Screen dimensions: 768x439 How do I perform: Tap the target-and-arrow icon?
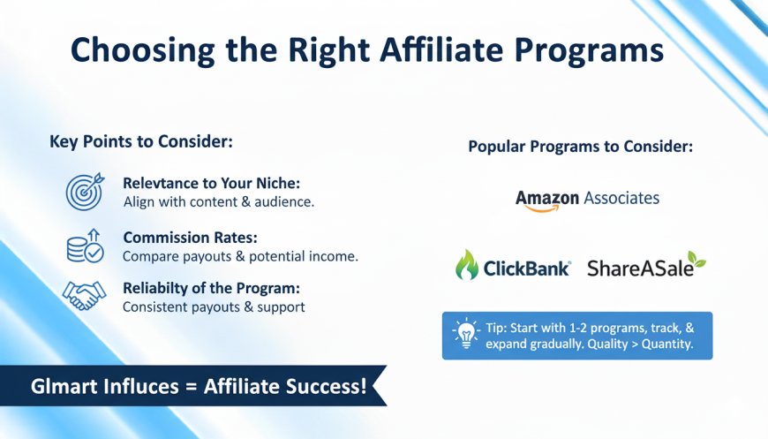pyautogui.click(x=85, y=191)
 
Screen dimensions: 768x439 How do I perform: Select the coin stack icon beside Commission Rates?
pyautogui.click(x=86, y=246)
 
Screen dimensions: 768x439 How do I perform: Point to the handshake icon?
pyautogui.click(x=84, y=295)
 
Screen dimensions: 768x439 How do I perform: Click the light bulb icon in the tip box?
pyautogui.click(x=466, y=333)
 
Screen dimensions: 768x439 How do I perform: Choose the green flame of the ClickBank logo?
pyautogui.click(x=467, y=265)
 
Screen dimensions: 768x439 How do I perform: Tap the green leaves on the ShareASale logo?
pyautogui.click(x=696, y=261)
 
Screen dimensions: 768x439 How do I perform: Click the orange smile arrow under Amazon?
pyautogui.click(x=542, y=208)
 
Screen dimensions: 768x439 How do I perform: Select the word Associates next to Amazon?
pyautogui.click(x=621, y=198)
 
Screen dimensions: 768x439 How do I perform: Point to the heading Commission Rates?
pyautogui.click(x=190, y=238)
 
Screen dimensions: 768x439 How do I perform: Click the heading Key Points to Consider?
pyautogui.click(x=141, y=141)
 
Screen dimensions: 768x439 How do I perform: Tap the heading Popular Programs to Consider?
pyautogui.click(x=580, y=147)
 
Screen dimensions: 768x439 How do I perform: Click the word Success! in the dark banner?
pyautogui.click(x=327, y=386)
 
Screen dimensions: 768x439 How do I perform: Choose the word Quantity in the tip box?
pyautogui.click(x=667, y=344)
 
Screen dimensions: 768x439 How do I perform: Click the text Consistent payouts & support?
pyautogui.click(x=214, y=307)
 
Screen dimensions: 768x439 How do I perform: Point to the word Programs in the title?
pyautogui.click(x=589, y=51)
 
